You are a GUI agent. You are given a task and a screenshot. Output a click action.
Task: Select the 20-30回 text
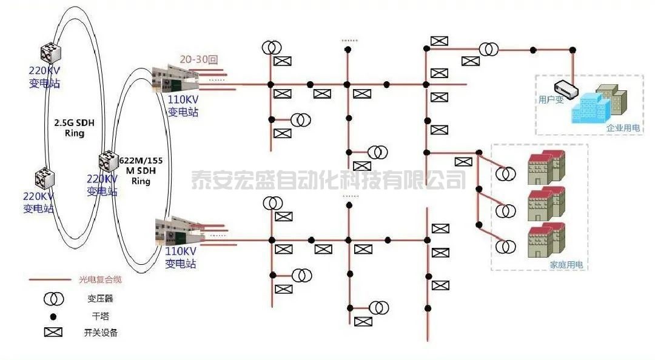pyautogui.click(x=198, y=59)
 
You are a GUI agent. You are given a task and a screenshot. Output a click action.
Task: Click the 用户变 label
pyautogui.click(x=551, y=99)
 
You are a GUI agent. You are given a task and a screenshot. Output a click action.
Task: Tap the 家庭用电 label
pyautogui.click(x=565, y=265)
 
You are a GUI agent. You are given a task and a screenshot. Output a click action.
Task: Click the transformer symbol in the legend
pyautogui.click(x=53, y=298)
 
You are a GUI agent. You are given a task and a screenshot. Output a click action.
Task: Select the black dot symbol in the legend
pyautogui.click(x=53, y=316)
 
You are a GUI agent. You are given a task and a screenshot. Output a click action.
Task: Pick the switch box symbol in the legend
pyautogui.click(x=53, y=332)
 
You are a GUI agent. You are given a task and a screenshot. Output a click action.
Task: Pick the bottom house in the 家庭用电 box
pyautogui.click(x=546, y=239)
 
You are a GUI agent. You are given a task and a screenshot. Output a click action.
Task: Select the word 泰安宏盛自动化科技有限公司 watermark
pyautogui.click(x=328, y=180)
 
